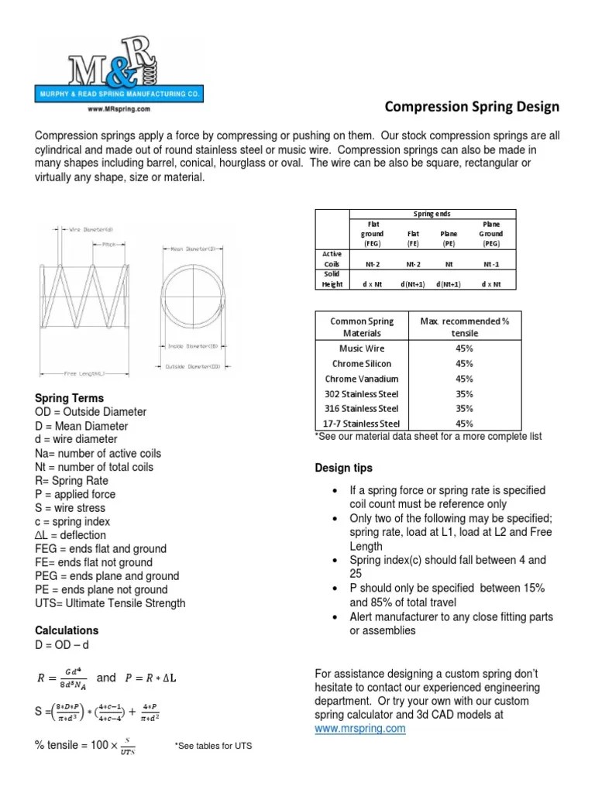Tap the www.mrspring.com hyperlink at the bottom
360,729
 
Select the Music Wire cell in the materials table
362,349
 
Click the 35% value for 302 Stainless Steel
464,393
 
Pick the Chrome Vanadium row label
362,379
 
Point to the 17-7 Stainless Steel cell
362,423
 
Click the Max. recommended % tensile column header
464,327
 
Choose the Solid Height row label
332,279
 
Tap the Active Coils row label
332,259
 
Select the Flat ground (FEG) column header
372,233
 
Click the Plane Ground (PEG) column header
490,233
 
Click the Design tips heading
343,468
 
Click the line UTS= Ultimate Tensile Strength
111,603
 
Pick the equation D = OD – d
68,644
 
